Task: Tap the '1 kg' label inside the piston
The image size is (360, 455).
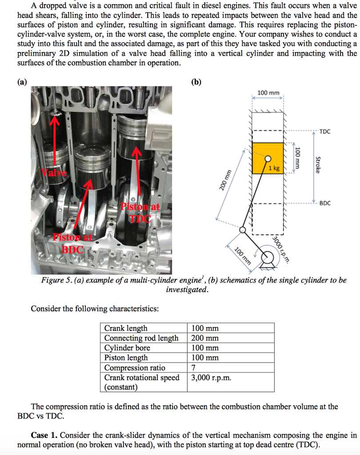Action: (x=274, y=168)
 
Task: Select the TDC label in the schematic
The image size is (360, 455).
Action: (x=324, y=132)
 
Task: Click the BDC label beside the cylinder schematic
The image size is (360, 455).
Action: (x=325, y=203)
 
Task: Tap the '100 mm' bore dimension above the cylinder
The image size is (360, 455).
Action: (x=268, y=93)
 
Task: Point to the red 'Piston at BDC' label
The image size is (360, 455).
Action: (x=72, y=243)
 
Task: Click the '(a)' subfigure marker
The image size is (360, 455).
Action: (x=21, y=82)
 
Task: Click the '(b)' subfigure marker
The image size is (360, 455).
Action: (x=196, y=82)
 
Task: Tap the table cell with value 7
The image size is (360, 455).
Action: (x=193, y=367)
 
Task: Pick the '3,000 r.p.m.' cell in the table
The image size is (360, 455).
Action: (x=211, y=378)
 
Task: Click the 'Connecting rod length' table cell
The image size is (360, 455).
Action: (x=141, y=338)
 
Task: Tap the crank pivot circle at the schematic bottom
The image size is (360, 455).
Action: (x=269, y=257)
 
